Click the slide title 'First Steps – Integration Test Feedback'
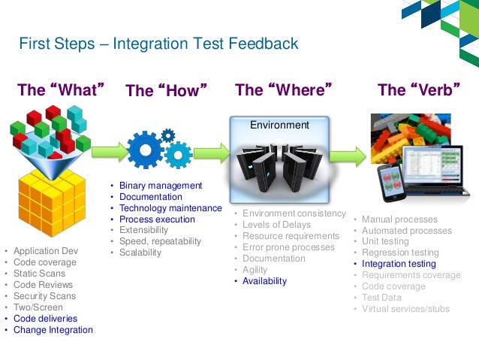(x=158, y=44)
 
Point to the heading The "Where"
(x=283, y=90)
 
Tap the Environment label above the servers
(x=279, y=125)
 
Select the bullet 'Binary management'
(x=160, y=185)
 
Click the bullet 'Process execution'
(x=157, y=219)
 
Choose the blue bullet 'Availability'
(x=264, y=280)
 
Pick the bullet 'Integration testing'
(x=398, y=264)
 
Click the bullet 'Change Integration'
(x=53, y=329)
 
